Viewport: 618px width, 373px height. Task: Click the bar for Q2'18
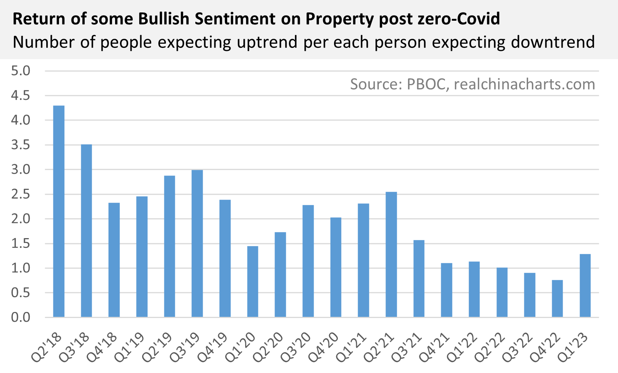59,211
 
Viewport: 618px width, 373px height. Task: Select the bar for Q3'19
197,243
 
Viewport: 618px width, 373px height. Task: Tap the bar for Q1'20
253,281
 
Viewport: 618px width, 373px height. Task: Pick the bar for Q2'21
391,254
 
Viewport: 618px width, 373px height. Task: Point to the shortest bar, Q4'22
557,298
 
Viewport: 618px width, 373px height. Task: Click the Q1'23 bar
585,286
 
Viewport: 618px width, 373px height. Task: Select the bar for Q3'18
87,231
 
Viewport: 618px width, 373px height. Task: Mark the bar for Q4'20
336,267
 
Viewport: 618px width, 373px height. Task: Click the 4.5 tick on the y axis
20,95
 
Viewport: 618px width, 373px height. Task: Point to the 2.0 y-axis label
20,219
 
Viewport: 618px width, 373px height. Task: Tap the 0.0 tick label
20,318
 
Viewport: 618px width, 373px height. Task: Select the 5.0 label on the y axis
20,71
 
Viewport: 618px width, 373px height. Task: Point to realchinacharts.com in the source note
524,84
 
